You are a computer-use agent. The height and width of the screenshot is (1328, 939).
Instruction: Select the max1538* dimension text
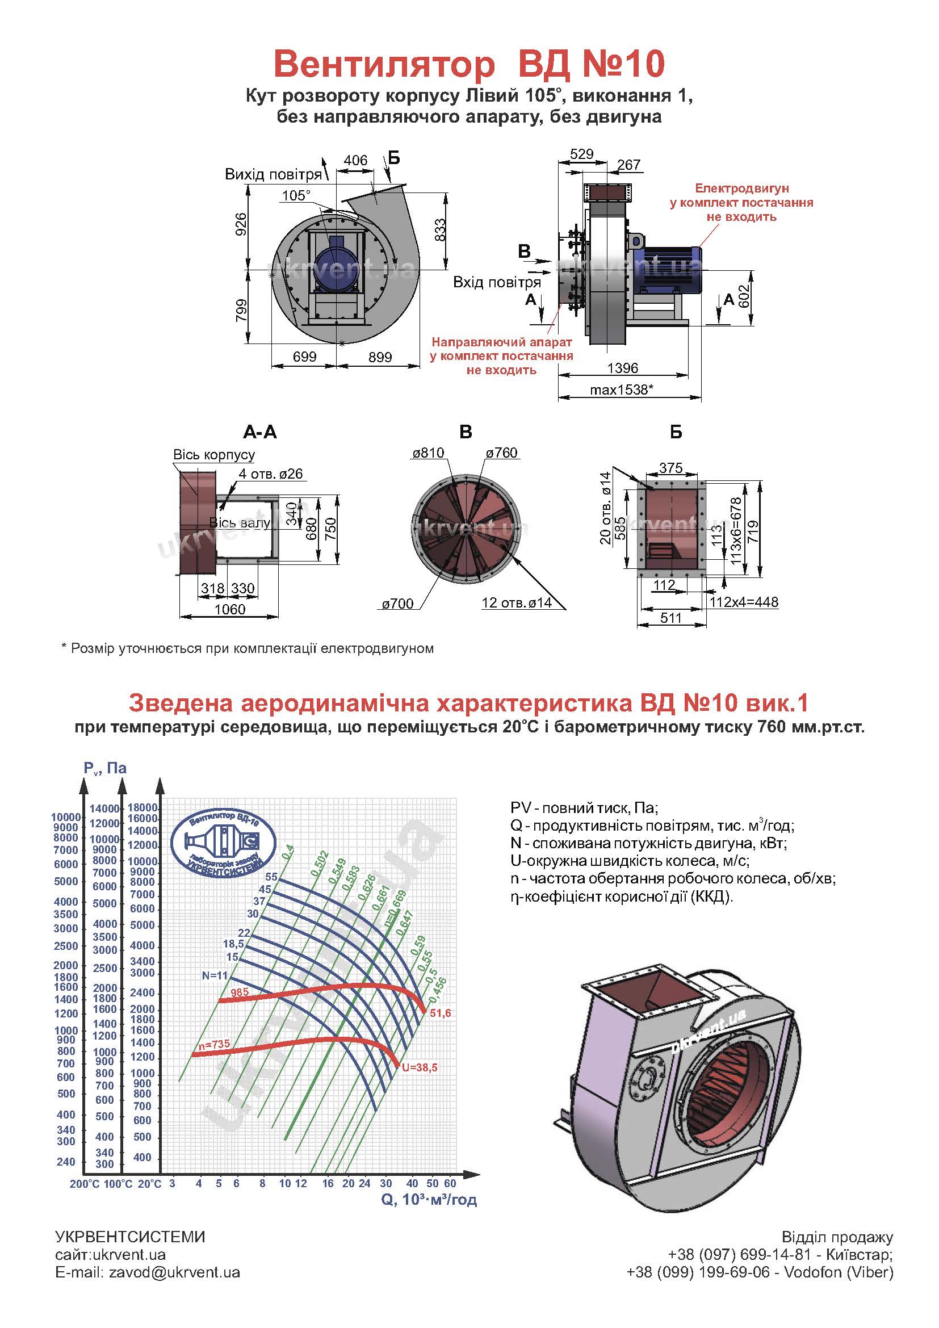coord(622,389)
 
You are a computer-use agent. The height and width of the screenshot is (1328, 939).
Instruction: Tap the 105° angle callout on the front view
coord(295,195)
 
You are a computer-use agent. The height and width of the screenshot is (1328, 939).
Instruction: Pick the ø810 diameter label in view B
coord(428,453)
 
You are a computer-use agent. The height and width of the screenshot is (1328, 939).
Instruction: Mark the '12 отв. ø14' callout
coord(516,603)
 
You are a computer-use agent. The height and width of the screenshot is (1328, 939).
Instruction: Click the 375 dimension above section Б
coord(670,467)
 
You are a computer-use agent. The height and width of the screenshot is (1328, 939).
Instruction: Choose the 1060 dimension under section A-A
coord(229,609)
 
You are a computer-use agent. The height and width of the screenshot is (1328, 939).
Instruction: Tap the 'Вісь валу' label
coord(239,523)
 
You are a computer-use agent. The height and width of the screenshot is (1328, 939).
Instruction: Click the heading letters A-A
coord(259,432)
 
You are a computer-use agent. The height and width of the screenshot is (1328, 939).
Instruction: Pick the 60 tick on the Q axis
coord(450,1183)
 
